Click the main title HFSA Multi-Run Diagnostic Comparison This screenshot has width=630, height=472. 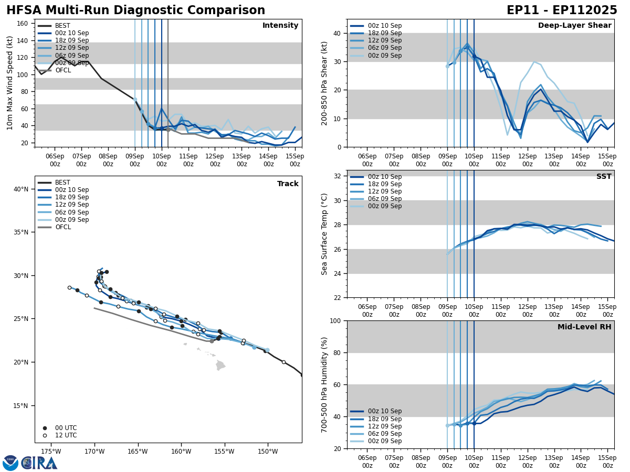tap(135, 10)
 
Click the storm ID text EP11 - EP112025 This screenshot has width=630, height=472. tap(561, 10)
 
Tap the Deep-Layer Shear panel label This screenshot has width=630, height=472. tap(574, 26)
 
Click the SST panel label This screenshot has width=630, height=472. tap(604, 177)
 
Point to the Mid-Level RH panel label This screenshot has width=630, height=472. tap(584, 327)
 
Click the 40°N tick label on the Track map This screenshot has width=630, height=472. tap(21, 189)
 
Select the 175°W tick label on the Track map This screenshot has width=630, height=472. tap(51, 451)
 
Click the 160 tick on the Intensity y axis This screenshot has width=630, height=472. tap(23, 23)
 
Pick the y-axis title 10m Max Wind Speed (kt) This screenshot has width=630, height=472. tap(10, 83)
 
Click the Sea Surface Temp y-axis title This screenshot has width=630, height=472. tap(324, 234)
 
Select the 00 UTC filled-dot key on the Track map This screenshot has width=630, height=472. tap(45, 428)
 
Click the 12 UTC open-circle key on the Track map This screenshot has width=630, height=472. tap(45, 435)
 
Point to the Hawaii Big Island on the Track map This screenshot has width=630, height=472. tap(220, 365)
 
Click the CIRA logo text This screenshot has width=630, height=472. tap(39, 463)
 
